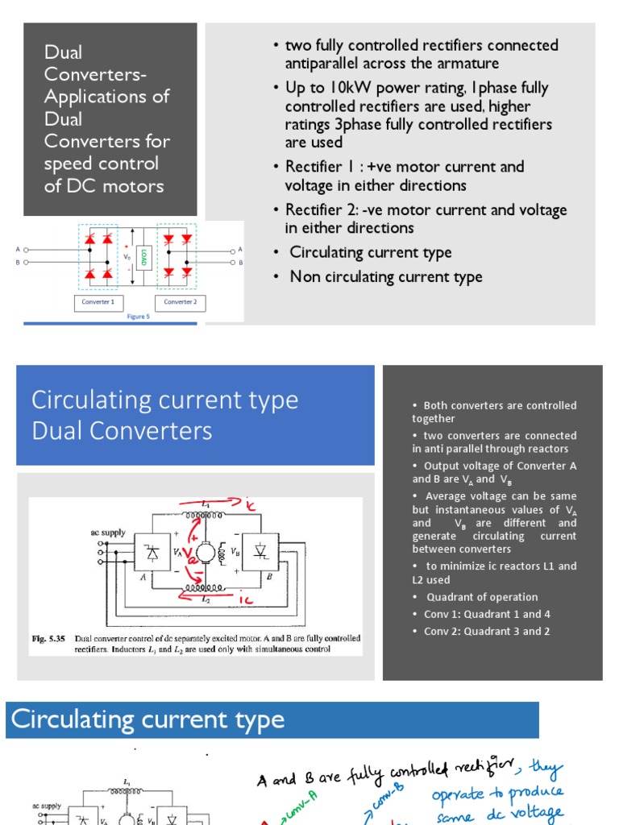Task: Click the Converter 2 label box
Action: [x=180, y=302]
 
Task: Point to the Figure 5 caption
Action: [x=138, y=317]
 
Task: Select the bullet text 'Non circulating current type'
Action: [x=386, y=277]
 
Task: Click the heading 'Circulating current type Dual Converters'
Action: [x=165, y=415]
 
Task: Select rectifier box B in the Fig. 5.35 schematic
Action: [x=260, y=552]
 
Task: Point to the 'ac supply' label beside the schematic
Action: [x=107, y=533]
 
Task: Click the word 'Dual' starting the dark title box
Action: [x=64, y=52]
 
